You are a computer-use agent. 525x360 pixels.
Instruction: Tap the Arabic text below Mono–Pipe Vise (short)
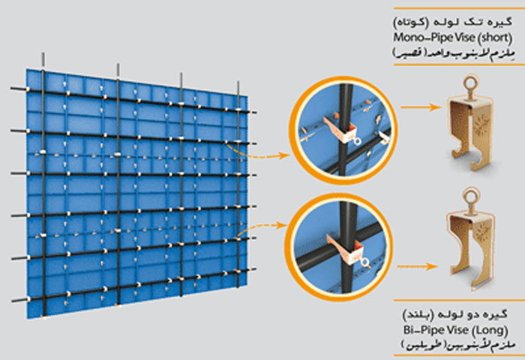coord(453,53)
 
